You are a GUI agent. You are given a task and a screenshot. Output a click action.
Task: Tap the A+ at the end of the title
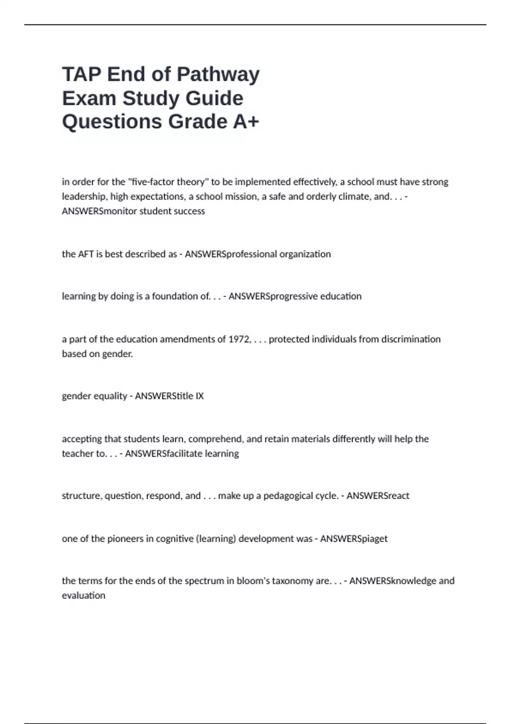click(246, 121)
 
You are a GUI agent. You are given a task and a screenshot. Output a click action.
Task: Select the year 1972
click(240, 339)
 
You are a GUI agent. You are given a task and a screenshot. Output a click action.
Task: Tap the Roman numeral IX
click(199, 396)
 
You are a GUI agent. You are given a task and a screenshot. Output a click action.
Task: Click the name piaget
click(375, 539)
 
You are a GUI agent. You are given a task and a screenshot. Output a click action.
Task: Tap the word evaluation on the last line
click(83, 595)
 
